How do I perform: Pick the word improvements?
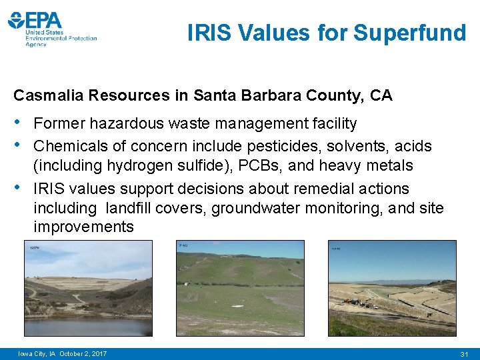pos(83,227)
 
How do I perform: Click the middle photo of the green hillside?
pos(240,288)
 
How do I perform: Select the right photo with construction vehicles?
pos(392,288)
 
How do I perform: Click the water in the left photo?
pos(87,325)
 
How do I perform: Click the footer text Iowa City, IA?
pos(37,353)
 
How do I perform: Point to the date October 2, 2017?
pos(83,353)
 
